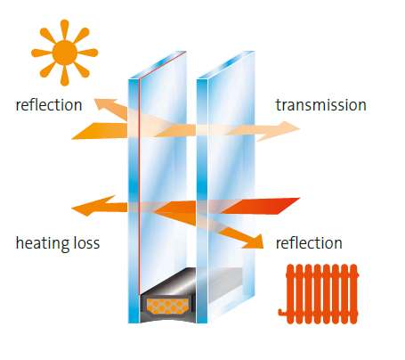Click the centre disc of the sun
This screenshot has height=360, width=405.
65,53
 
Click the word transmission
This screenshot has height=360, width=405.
320,105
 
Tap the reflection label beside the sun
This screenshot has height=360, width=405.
49,105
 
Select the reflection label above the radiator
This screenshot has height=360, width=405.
309,243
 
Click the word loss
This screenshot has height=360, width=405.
86,243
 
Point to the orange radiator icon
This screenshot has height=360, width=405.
319,294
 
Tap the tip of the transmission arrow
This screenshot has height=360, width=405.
300,129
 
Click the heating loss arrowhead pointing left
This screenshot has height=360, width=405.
89,206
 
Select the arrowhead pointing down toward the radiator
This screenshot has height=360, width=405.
255,242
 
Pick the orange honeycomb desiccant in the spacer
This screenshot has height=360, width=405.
168,307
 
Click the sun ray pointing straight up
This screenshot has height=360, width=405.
65,29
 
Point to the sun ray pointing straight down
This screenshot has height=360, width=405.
65,76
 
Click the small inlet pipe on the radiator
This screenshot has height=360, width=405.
282,312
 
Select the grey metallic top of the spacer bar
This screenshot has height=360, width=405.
168,282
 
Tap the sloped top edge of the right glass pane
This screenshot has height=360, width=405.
226,65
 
